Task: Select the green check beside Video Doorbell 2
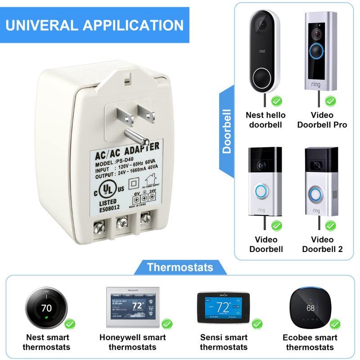pos(330,225)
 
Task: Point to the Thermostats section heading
pos(180,267)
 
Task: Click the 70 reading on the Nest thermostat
pos(46,308)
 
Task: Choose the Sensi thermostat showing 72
pos(223,308)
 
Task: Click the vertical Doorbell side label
pos(227,130)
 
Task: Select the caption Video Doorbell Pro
pos(322,120)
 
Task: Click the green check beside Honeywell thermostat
pos(166,323)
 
